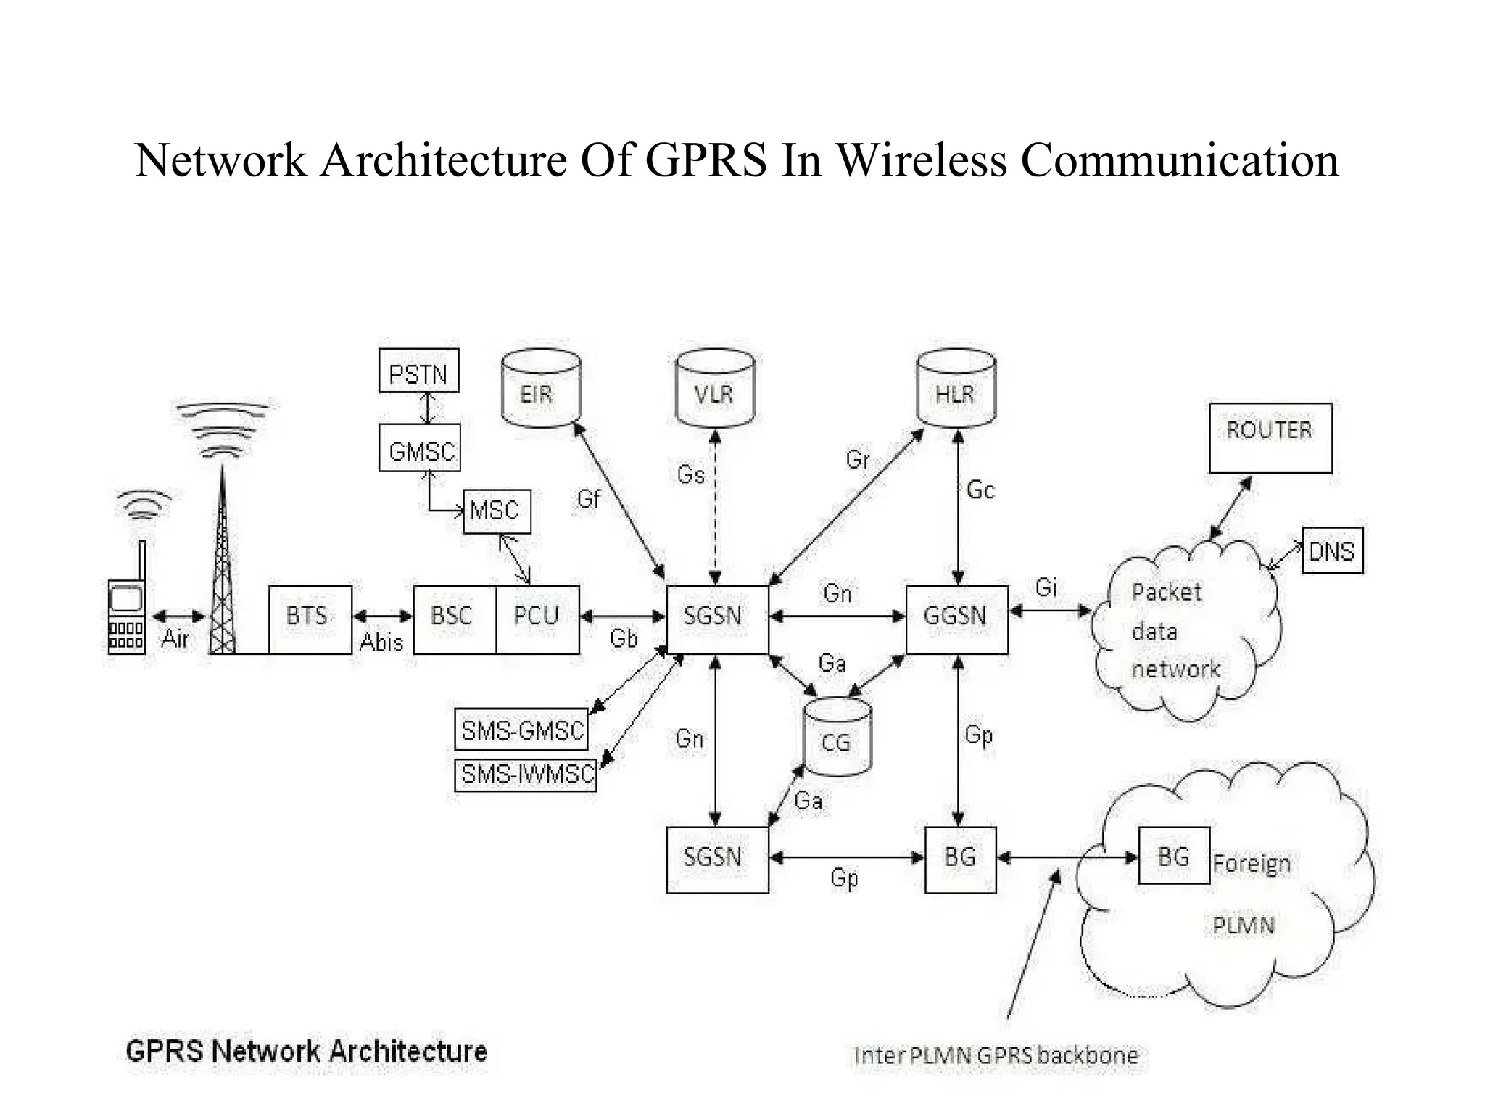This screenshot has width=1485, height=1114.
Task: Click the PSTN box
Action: pyautogui.click(x=418, y=371)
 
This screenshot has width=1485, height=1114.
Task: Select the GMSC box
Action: pyautogui.click(x=420, y=448)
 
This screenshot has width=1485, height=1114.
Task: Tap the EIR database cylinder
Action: pyautogui.click(x=540, y=389)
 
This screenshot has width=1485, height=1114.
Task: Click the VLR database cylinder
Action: pyautogui.click(x=714, y=389)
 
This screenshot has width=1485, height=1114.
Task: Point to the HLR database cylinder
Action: pyautogui.click(x=956, y=389)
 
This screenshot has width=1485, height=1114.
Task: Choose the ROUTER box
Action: pyautogui.click(x=1270, y=437)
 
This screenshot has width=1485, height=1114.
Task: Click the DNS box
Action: pyautogui.click(x=1332, y=551)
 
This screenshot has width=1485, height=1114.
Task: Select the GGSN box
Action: pyautogui.click(x=956, y=619)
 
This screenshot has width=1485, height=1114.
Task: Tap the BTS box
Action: pyautogui.click(x=310, y=619)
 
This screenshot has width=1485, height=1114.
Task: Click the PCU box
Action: pyautogui.click(x=537, y=619)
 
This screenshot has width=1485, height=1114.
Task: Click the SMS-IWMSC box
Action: pyautogui.click(x=526, y=775)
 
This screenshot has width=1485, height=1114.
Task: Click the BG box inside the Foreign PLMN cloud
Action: pyautogui.click(x=1173, y=856)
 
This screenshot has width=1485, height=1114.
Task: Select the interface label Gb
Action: pyautogui.click(x=624, y=639)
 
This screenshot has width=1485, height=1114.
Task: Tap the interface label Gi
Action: pyautogui.click(x=1046, y=586)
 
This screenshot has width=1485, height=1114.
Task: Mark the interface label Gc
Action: pyautogui.click(x=980, y=490)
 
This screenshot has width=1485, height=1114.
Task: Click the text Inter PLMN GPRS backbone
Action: pyautogui.click(x=996, y=1055)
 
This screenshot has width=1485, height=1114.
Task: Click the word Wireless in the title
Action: pyautogui.click(x=921, y=160)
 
